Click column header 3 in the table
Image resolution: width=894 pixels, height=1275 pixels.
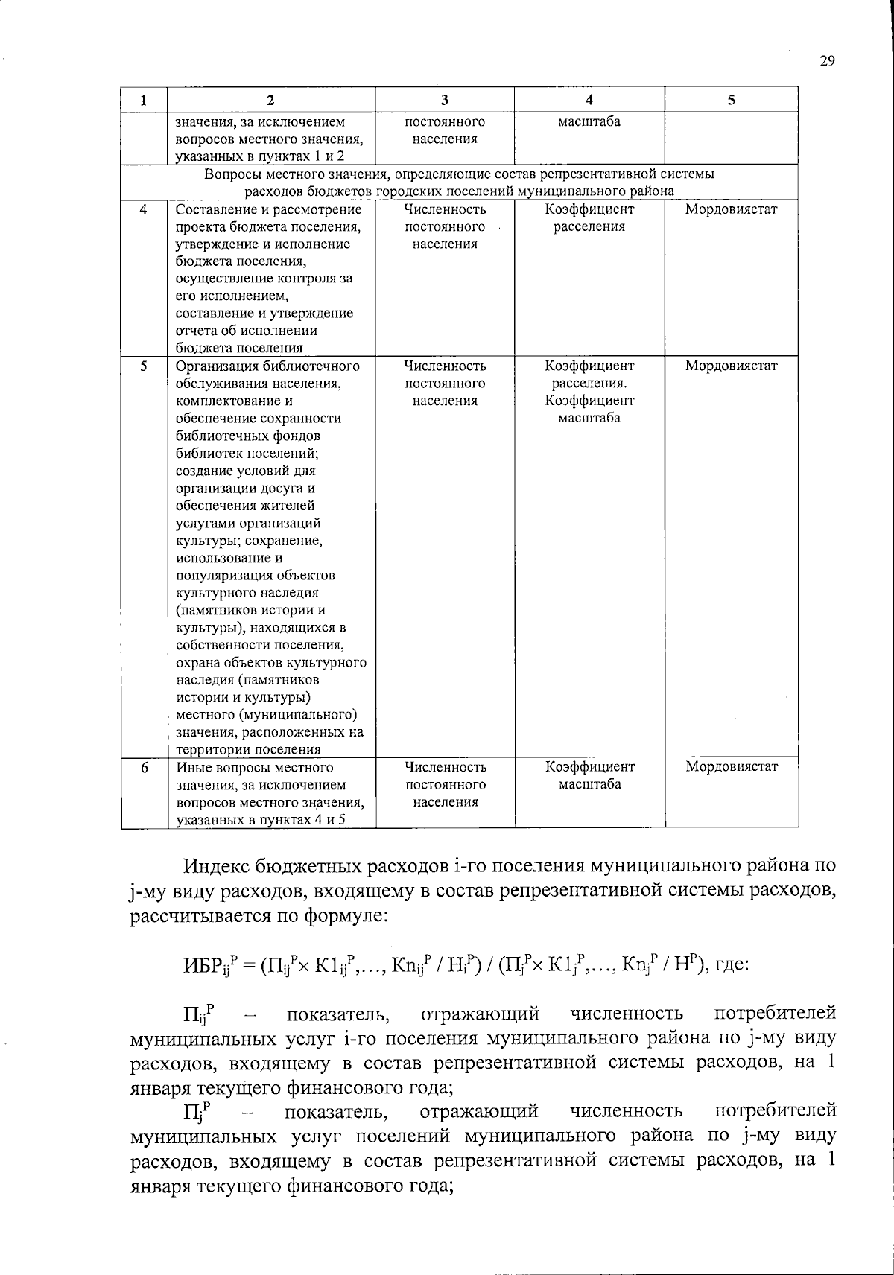(444, 100)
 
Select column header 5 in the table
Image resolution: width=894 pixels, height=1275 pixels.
(731, 100)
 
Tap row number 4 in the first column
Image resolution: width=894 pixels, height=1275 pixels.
(143, 209)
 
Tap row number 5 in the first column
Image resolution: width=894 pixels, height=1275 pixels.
(143, 366)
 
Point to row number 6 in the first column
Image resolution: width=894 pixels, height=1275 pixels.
(143, 767)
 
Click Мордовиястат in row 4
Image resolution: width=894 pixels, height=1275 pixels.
(731, 209)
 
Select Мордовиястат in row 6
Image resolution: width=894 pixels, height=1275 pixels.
(732, 766)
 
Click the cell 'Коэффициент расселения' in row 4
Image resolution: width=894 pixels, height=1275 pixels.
(589, 218)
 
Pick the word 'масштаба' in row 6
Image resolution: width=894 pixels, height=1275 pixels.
(590, 784)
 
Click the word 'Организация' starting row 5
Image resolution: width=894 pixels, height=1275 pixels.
(211, 366)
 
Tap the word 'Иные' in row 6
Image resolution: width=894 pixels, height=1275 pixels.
(191, 767)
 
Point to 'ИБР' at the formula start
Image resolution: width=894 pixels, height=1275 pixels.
(200, 965)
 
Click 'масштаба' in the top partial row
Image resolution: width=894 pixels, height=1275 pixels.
(589, 121)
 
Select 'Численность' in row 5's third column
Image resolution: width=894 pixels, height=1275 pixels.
(445, 366)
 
